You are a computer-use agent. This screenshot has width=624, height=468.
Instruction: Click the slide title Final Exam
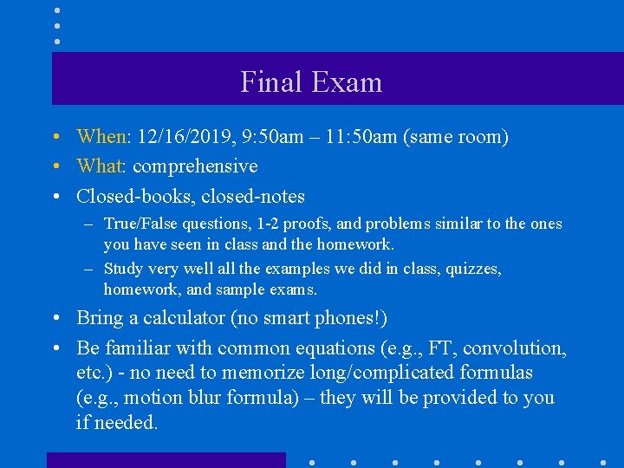[311, 82]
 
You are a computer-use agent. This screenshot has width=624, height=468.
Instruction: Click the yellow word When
[102, 137]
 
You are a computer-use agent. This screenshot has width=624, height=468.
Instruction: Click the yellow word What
[101, 166]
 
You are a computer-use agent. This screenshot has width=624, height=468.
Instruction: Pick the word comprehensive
[195, 166]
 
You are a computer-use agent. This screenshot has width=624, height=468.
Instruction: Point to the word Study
[124, 269]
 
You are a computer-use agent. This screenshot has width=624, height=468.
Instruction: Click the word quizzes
[469, 269]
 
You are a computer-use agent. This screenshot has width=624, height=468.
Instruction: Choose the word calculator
[181, 318]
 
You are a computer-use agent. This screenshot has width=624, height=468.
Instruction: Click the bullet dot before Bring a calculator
[55, 318]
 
